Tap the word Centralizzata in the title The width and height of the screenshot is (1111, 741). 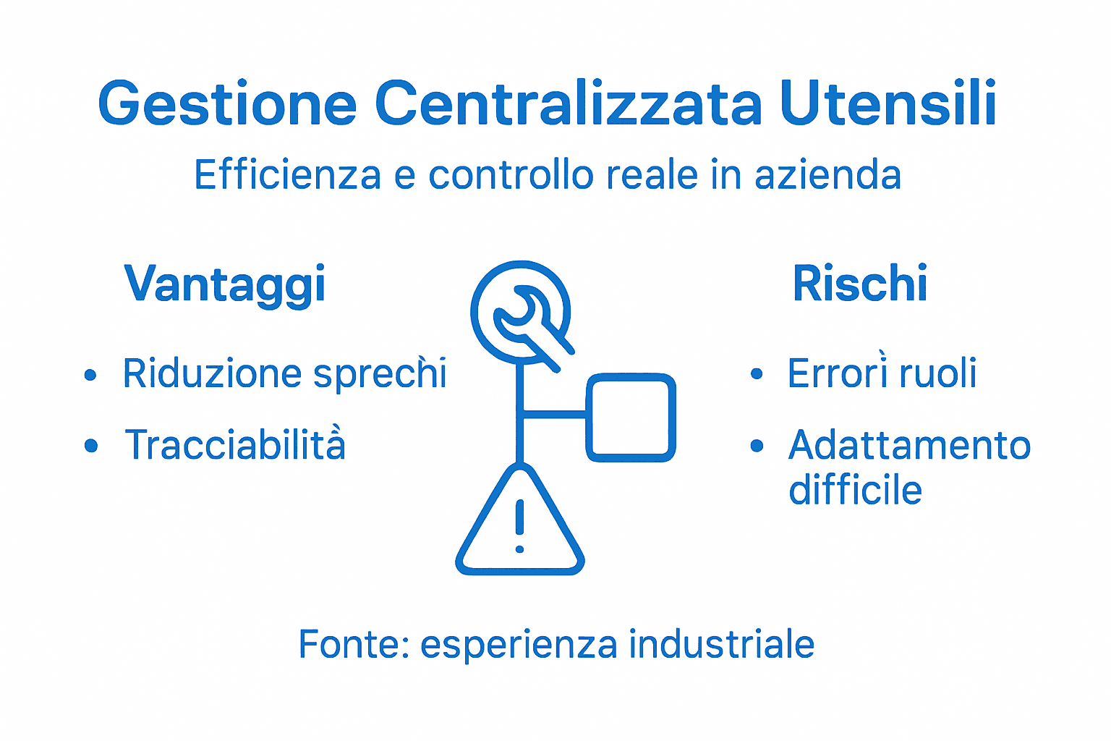coord(568,103)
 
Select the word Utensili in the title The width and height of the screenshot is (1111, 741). coord(888,103)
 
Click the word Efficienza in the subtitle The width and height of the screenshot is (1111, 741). coord(287,175)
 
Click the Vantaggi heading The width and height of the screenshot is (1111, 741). coord(225,284)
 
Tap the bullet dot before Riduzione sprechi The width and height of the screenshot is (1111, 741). coord(90,375)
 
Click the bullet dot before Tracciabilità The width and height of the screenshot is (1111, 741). coord(90,446)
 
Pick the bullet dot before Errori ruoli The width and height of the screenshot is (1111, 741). coord(757,374)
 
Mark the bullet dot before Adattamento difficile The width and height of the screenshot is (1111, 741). coord(757,446)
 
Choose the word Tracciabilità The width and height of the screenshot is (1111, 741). coord(235,444)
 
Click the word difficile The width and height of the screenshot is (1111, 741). coord(855,490)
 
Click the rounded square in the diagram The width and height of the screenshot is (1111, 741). coord(631,418)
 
